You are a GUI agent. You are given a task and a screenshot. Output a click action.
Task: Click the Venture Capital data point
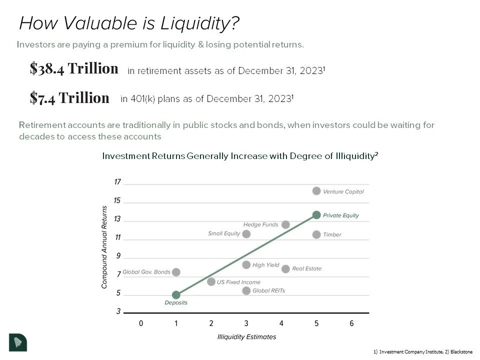[316, 191]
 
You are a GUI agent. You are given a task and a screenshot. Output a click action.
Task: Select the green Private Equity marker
[316, 215]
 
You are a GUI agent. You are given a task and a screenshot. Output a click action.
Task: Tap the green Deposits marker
[176, 295]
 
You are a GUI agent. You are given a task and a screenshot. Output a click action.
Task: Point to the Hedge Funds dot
[285, 224]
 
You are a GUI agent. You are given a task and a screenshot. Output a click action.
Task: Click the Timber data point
[316, 234]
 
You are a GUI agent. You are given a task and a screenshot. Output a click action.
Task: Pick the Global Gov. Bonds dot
[176, 272]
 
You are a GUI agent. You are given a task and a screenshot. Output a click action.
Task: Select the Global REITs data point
[246, 290]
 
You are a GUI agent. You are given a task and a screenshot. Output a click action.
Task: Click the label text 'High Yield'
[265, 265]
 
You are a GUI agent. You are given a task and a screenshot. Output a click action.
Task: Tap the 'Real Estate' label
[306, 268]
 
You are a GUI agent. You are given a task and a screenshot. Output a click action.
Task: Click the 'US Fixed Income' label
[238, 282]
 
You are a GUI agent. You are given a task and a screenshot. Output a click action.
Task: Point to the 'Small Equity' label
[224, 233]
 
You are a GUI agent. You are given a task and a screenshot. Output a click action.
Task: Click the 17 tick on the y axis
[117, 182]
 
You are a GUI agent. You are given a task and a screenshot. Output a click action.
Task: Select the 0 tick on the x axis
[141, 323]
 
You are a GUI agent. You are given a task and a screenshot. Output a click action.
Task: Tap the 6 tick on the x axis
[351, 323]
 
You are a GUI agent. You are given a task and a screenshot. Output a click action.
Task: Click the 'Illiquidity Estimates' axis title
[246, 336]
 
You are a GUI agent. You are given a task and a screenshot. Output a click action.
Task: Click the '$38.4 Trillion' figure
[74, 68]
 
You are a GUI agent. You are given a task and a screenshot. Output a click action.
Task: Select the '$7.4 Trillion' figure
[69, 97]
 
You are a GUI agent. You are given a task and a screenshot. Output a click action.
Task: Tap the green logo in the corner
[18, 341]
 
